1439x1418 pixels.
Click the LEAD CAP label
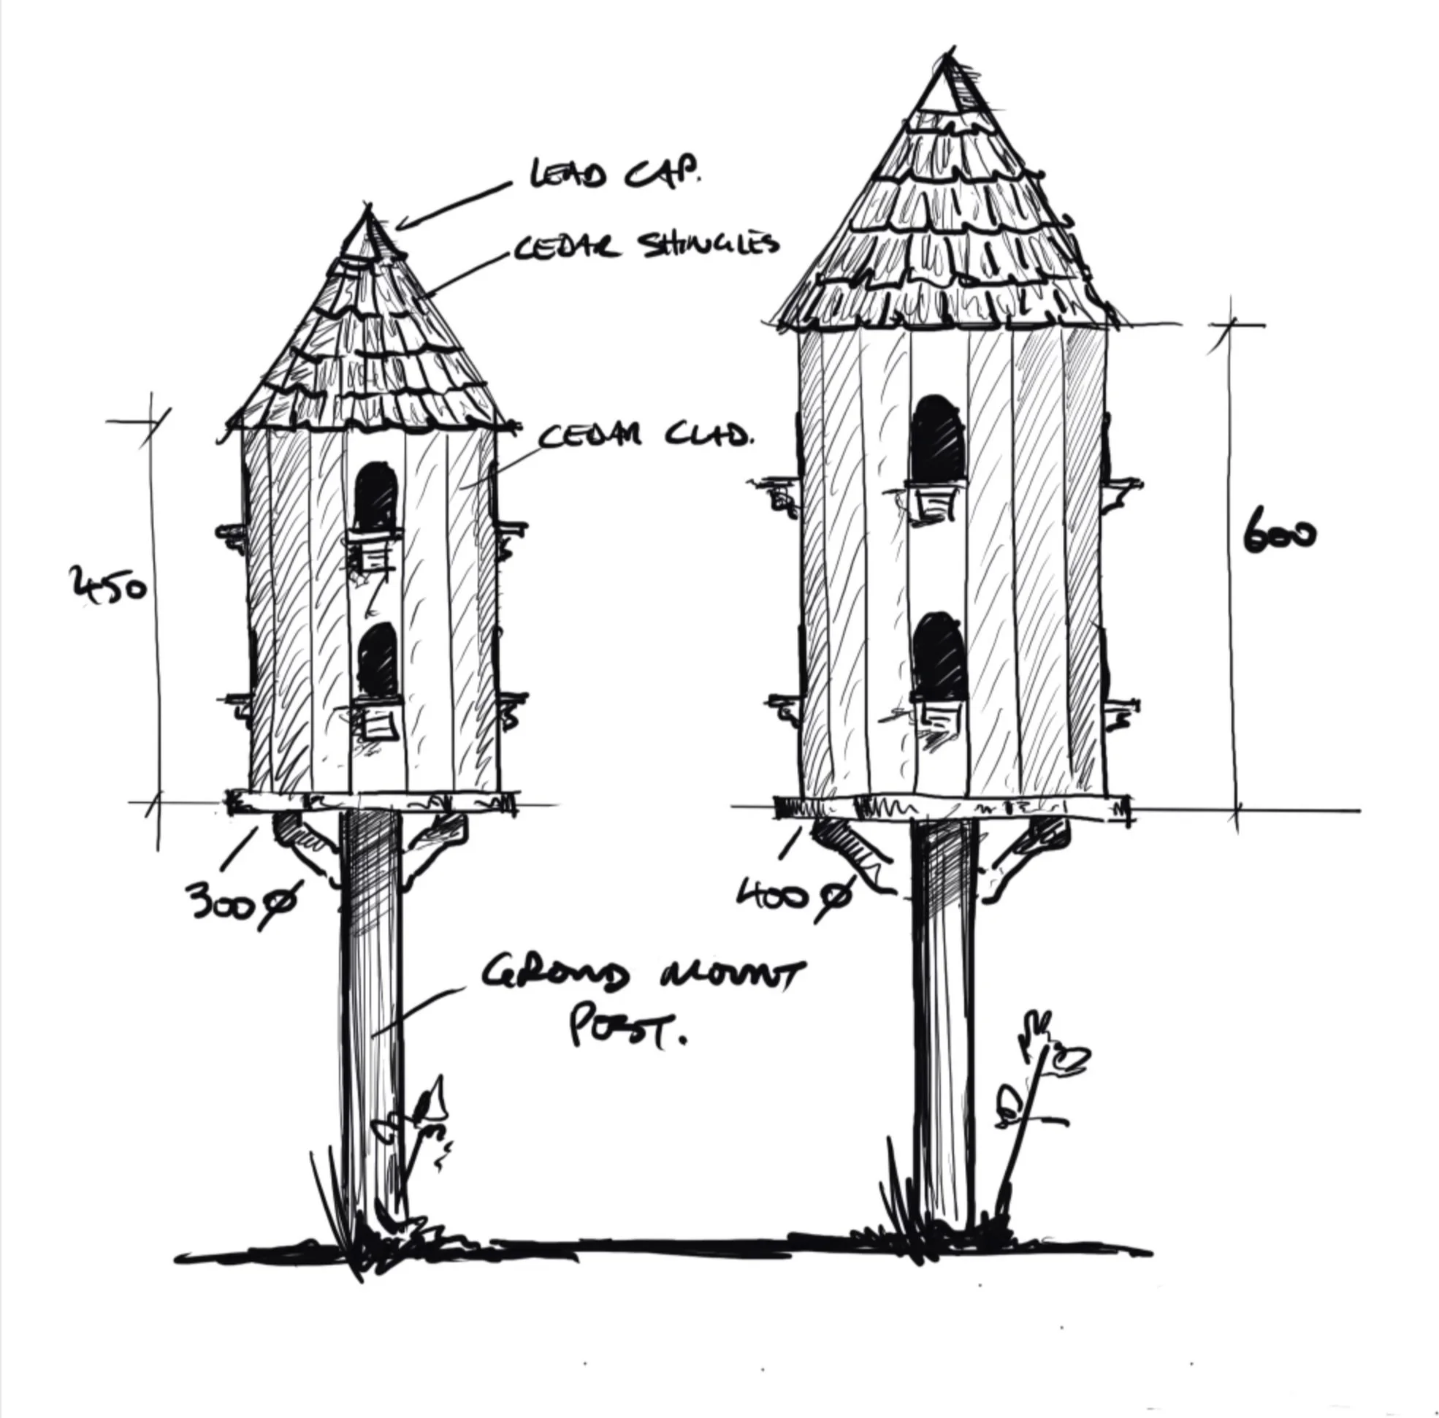614,174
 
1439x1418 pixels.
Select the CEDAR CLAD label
644,435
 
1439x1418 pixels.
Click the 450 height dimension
108,584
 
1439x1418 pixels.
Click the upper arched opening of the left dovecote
376,497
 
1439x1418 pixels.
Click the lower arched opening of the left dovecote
378,660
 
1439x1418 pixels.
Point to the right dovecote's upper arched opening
939,439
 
